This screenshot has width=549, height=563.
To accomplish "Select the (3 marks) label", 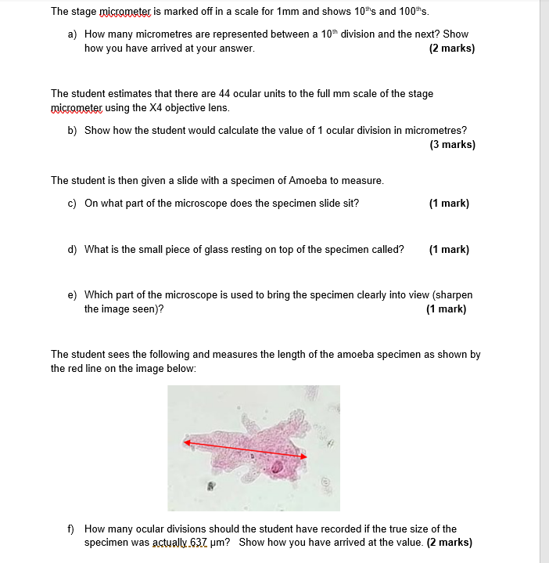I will (452, 144).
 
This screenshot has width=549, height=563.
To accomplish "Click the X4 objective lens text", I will (183, 107).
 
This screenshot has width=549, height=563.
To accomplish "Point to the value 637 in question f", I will (201, 542).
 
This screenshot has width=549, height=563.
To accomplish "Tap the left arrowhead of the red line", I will (188, 442).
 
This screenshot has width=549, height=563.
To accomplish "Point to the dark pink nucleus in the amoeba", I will (278, 468).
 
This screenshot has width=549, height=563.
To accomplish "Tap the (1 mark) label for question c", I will (449, 203).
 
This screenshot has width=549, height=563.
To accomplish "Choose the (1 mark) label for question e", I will (446, 309).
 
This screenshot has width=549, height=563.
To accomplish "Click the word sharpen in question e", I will (453, 295).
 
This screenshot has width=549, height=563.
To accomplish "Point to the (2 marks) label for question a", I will (452, 48).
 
